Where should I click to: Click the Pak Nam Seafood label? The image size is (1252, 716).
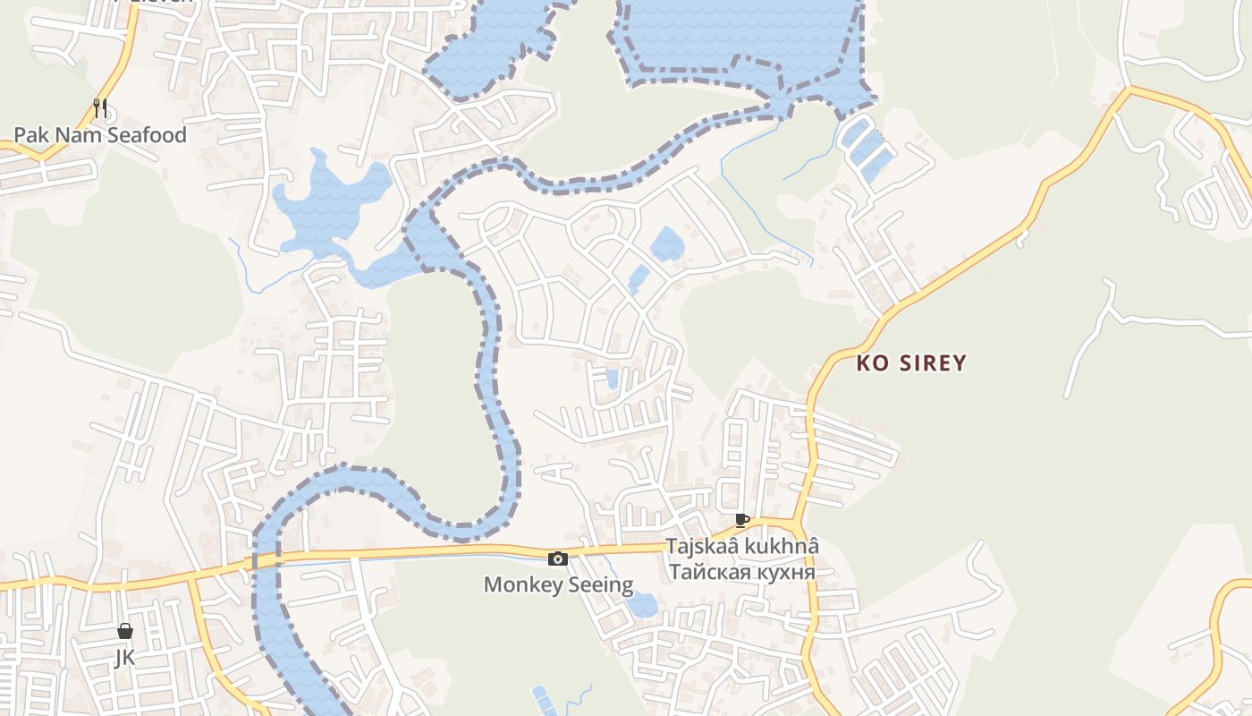point(100,135)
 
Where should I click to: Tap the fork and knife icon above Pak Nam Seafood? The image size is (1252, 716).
point(100,109)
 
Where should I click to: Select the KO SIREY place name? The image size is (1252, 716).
point(911,363)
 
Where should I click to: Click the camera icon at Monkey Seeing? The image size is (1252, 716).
point(558,559)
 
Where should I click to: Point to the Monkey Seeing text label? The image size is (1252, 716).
point(558,585)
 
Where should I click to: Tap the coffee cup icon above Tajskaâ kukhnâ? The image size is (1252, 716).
point(741,520)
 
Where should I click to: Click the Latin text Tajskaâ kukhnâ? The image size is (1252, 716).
point(741,546)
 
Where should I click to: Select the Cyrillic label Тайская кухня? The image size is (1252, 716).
point(741,572)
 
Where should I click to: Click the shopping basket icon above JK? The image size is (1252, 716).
point(125,631)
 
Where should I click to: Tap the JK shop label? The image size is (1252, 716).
point(125,658)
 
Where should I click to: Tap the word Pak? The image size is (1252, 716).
point(30,135)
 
